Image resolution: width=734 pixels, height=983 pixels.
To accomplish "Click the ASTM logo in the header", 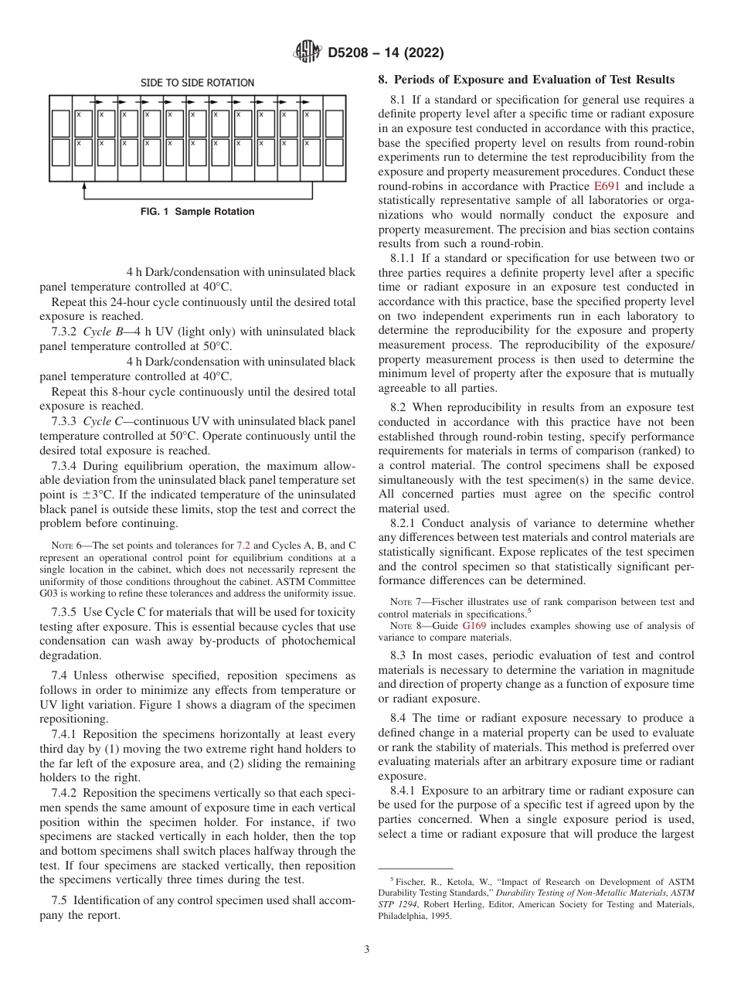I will click(x=308, y=53).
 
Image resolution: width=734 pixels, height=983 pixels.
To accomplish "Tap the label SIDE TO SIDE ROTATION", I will click(x=197, y=83).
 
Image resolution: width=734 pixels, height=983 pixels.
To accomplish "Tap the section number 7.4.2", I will click(x=65, y=794).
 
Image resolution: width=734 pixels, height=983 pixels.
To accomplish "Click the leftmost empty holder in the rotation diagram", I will click(x=61, y=123).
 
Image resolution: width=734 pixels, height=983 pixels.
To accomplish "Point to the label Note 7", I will click(x=403, y=602).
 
